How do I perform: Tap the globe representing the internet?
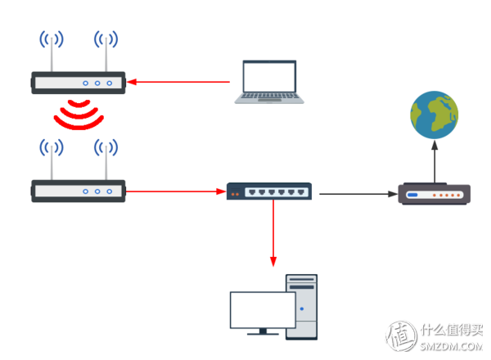434,115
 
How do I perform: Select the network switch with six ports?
270,191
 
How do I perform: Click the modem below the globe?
434,195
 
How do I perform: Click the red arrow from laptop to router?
180,81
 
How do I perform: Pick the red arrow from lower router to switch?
176,191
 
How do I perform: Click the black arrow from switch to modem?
357,195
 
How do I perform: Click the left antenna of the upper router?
51,53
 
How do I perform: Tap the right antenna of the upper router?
106,53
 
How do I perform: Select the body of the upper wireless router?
79,82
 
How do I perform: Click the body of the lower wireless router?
79,191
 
